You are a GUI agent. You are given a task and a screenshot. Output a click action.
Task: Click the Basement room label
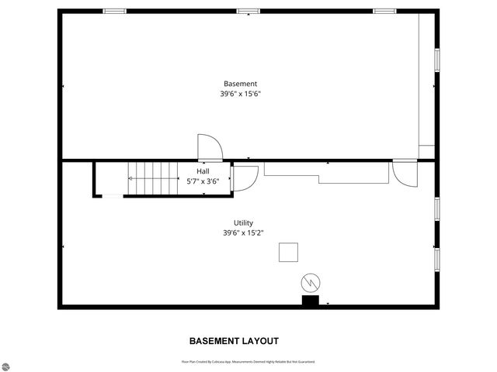[x=240, y=84]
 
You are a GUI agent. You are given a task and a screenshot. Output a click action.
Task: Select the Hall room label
[x=202, y=171]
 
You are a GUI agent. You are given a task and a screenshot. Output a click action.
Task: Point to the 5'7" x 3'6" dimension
[x=203, y=181]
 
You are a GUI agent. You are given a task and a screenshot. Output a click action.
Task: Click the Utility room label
[x=243, y=222]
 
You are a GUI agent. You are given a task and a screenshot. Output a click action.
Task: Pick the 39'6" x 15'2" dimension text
[x=243, y=232]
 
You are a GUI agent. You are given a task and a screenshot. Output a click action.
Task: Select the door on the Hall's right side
[x=245, y=177]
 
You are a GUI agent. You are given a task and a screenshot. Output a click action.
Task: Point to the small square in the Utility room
[x=289, y=253]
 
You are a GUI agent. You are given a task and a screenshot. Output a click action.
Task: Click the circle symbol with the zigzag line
[x=311, y=281]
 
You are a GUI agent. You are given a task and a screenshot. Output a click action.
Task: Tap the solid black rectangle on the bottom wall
[x=310, y=301]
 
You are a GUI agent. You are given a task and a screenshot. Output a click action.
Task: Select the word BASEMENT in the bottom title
[x=214, y=341]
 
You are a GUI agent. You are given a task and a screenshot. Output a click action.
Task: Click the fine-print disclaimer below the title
[x=248, y=361]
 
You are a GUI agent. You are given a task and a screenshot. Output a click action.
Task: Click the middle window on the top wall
[x=248, y=11]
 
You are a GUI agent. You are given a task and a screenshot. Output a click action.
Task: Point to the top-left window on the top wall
[x=115, y=11]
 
